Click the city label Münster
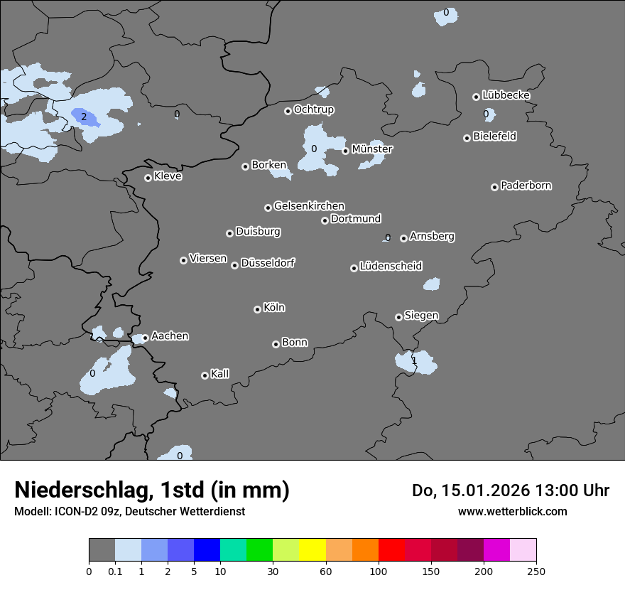coord(372,149)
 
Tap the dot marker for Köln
coord(257,309)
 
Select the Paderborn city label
coord(526,186)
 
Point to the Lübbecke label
coord(506,95)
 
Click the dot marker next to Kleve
coord(148,178)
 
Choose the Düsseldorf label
coord(268,263)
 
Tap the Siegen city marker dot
coord(398,317)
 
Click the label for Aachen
coord(170,336)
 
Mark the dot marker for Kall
coord(205,375)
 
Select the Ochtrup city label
coord(314,109)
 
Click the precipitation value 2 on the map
coord(84,117)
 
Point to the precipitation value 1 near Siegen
coord(414,360)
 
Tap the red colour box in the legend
coord(391,550)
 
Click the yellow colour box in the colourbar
coord(312,550)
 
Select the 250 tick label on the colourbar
coord(536,571)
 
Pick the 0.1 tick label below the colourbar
coord(115,571)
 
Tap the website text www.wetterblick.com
coord(512,511)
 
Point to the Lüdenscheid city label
coord(391,267)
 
